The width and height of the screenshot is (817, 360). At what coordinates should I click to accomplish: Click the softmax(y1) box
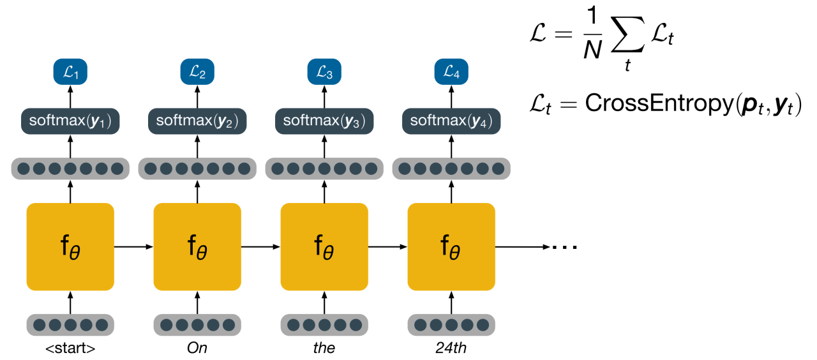(x=70, y=121)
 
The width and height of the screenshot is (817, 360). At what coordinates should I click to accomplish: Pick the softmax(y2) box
(x=197, y=121)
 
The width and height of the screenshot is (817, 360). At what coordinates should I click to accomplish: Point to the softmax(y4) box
(x=451, y=121)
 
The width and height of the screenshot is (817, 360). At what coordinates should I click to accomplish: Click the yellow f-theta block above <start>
(x=70, y=246)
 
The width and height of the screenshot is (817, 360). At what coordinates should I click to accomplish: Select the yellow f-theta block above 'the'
(x=324, y=246)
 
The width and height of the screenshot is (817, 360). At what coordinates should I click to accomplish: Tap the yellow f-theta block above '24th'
(x=451, y=246)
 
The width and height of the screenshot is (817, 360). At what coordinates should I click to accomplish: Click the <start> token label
(x=70, y=349)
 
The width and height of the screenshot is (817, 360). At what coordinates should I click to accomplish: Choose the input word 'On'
(x=197, y=349)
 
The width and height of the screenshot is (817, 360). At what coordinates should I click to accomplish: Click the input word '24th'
(x=451, y=349)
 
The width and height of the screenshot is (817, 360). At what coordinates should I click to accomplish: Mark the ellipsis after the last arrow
(x=564, y=247)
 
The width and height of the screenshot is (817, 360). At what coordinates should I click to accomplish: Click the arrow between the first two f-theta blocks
(x=134, y=246)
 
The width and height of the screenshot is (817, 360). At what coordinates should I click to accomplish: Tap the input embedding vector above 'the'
(x=324, y=325)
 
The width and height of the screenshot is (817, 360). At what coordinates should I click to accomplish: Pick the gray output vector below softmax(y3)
(x=324, y=169)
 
